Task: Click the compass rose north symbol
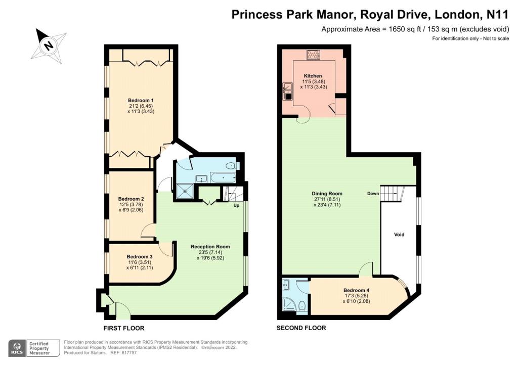49,45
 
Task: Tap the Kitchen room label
313,76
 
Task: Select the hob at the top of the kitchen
313,55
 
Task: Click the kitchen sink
287,91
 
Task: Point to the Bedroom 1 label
141,100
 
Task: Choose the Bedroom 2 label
131,199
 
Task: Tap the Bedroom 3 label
140,257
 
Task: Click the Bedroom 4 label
356,290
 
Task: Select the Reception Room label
210,247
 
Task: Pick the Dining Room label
327,194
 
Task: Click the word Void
399,235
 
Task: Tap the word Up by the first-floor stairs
236,205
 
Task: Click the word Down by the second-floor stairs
373,194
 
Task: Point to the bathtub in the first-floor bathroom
223,178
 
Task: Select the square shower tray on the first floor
185,192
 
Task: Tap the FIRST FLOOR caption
124,329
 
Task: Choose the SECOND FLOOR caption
301,328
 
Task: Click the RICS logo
17,348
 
